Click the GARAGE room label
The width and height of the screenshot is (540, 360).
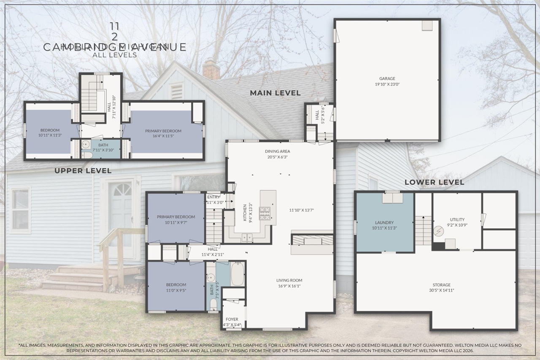[x=387, y=78]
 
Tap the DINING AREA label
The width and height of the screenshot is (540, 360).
[x=277, y=151]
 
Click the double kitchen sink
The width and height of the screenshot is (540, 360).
[x=247, y=238]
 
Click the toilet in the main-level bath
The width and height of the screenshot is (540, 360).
[x=213, y=303]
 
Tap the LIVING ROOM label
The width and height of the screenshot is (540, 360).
[x=289, y=280]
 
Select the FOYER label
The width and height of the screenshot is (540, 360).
[x=232, y=319]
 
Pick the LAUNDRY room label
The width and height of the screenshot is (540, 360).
[x=384, y=222]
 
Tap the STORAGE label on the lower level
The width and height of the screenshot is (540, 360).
[x=441, y=285]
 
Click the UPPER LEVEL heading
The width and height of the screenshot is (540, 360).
[x=83, y=171]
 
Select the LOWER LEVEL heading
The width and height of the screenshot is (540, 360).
[x=434, y=182]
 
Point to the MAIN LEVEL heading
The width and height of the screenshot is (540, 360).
[x=275, y=93]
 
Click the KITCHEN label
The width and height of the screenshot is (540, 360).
[x=244, y=213]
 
